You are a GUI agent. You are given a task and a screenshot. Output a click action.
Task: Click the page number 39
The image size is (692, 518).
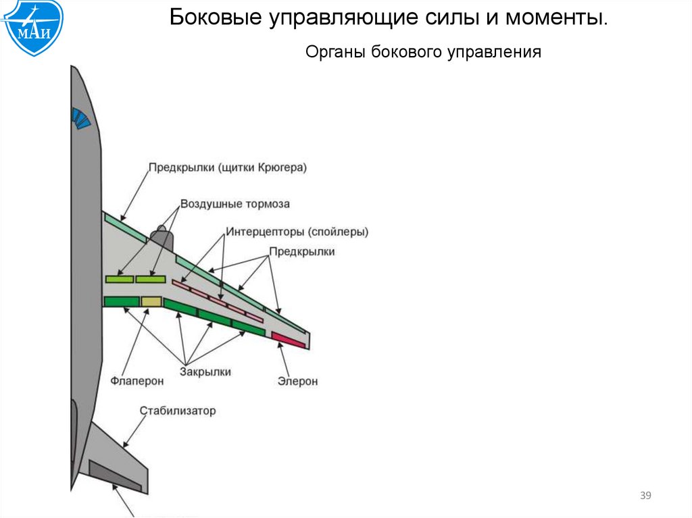[x=645, y=497]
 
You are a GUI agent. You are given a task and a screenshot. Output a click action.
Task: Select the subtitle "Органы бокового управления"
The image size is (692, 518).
[x=423, y=52]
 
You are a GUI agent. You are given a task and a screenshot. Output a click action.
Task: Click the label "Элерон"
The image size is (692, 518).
[x=297, y=382]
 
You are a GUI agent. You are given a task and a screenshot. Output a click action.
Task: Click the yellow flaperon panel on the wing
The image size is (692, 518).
[x=151, y=301]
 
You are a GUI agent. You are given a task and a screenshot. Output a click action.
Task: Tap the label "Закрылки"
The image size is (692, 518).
[x=205, y=371]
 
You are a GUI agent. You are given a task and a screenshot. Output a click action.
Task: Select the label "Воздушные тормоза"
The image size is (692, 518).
[x=234, y=203]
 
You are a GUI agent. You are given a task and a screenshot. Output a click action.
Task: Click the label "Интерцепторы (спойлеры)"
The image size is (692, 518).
[x=297, y=232]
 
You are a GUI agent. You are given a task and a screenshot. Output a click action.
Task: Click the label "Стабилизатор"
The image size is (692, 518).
[x=178, y=411]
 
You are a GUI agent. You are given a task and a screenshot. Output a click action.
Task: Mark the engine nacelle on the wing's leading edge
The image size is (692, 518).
[x=161, y=238]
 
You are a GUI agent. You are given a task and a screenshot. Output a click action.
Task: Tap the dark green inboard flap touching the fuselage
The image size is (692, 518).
[x=121, y=301]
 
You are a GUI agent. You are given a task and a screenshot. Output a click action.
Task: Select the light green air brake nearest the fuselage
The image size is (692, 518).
[x=120, y=279]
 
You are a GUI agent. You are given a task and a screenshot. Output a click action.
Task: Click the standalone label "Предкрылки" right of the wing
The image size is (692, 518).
[x=302, y=251]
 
